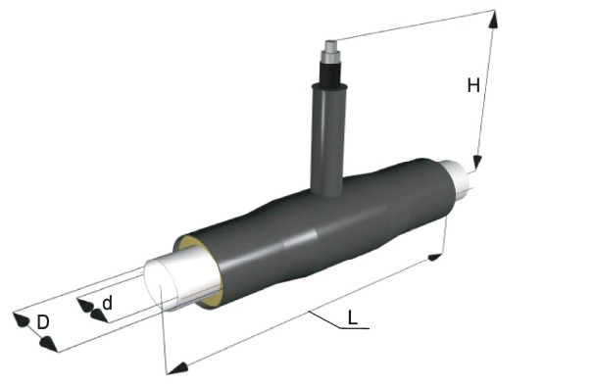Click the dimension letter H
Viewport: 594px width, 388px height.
473,85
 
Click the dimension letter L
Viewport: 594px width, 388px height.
352,317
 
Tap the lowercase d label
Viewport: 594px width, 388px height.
108,303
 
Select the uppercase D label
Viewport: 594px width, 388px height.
43,322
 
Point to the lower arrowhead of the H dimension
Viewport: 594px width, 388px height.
477,163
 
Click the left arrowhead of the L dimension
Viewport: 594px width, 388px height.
177,368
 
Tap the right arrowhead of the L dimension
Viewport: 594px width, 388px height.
434,258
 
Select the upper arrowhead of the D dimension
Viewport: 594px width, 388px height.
21,320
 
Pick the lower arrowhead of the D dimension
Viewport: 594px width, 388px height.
48,344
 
